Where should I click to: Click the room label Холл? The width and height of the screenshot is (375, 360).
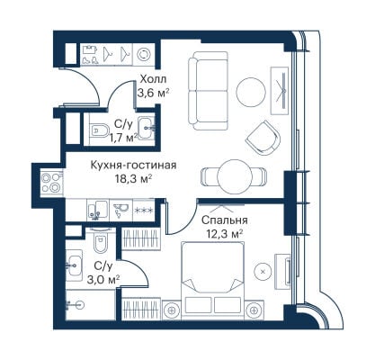pos(153,79)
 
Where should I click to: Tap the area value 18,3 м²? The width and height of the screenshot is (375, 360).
pos(133,179)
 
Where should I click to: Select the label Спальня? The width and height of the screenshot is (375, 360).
pos(225,220)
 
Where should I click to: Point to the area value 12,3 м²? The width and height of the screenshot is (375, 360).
pos(225,233)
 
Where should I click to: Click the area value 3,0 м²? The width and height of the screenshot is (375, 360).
pos(103,279)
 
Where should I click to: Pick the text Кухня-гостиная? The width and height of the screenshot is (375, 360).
pos(133,166)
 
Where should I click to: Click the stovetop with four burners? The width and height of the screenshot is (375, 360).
pos(51,183)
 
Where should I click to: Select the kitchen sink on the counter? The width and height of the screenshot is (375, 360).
pos(97,210)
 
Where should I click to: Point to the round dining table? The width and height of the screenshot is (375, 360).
pos(235,176)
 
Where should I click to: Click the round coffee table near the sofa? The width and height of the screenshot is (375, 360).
pos(251,93)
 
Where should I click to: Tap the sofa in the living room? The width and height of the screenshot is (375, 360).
pos(208,91)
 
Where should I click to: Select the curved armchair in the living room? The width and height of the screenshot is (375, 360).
pos(263,138)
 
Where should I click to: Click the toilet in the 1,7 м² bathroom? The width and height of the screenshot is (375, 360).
pos(98,130)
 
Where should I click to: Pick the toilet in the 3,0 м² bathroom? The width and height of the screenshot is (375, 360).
pos(99,240)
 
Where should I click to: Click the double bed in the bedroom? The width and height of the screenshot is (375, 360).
pos(213,281)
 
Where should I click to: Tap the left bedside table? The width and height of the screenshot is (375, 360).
pos(172,310)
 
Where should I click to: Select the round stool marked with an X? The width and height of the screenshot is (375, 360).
pos(263,272)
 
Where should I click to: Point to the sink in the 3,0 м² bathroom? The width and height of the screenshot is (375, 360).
pos(74,265)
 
